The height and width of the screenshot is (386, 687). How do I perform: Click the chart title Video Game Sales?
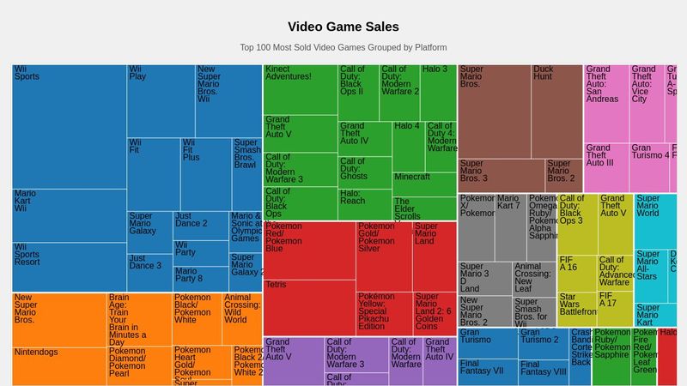click(x=343, y=27)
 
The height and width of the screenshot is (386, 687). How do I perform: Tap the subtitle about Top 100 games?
click(x=343, y=47)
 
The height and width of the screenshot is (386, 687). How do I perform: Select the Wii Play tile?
click(x=161, y=100)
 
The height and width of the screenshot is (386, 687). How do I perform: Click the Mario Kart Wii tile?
click(x=69, y=215)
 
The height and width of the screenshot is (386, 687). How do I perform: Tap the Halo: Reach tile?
click(x=364, y=204)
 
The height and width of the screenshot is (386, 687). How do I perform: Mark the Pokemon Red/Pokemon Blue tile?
click(x=309, y=250)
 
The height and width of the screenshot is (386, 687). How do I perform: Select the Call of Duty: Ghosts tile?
click(x=364, y=172)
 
